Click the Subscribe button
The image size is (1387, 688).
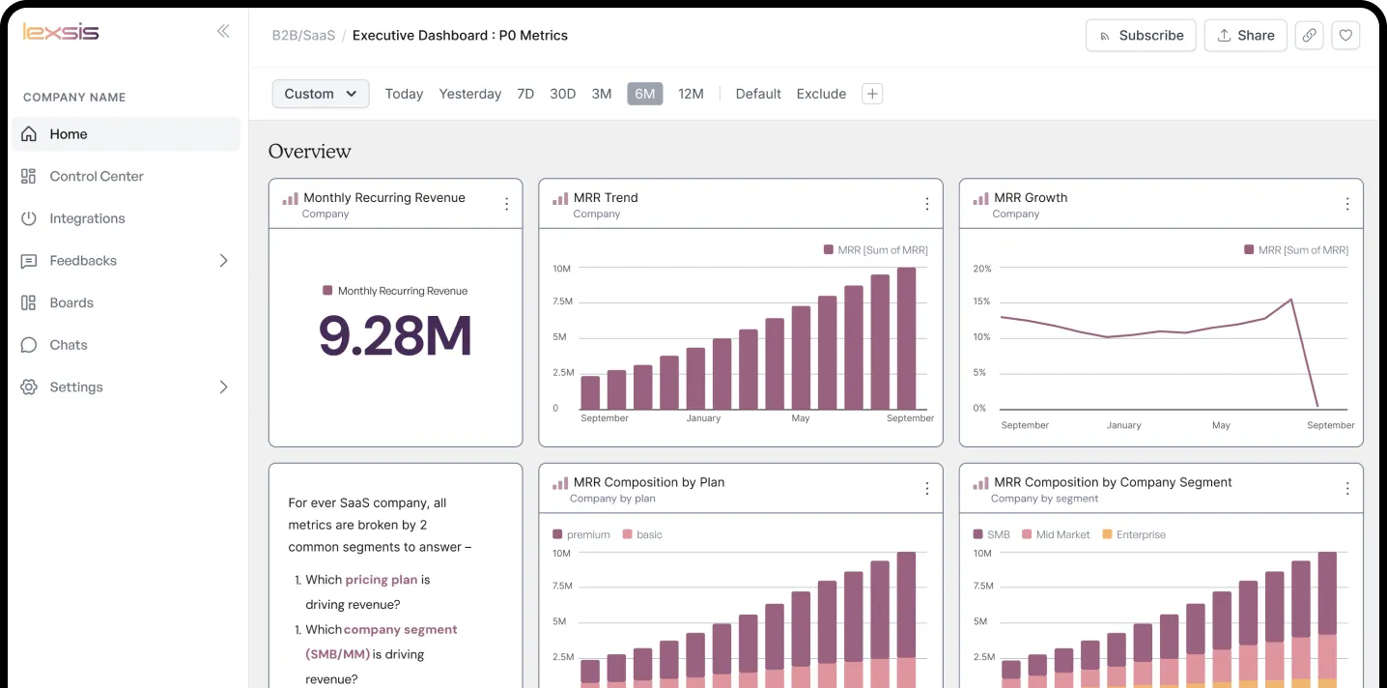pyautogui.click(x=1141, y=36)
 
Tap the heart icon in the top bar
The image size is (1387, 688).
pyautogui.click(x=1345, y=36)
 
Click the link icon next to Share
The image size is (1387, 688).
pyautogui.click(x=1309, y=36)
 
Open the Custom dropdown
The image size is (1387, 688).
pyautogui.click(x=321, y=94)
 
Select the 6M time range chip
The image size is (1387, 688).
pyautogui.click(x=644, y=94)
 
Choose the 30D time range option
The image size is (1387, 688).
pyautogui.click(x=562, y=94)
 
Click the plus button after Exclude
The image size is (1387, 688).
pyautogui.click(x=872, y=94)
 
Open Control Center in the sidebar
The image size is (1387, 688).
pyautogui.click(x=97, y=177)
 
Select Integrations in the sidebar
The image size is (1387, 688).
pyautogui.click(x=87, y=218)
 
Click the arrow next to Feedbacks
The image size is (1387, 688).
pyautogui.click(x=223, y=261)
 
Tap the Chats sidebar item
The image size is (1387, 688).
pyautogui.click(x=68, y=345)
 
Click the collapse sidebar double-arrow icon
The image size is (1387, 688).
pyautogui.click(x=223, y=31)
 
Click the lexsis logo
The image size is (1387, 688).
pyautogui.click(x=60, y=32)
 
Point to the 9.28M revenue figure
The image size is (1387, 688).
pyautogui.click(x=395, y=335)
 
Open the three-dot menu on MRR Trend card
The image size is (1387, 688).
pyautogui.click(x=926, y=204)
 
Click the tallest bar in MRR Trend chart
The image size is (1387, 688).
pyautogui.click(x=906, y=338)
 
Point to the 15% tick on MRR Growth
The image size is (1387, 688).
pyautogui.click(x=981, y=301)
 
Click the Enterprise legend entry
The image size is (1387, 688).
pyautogui.click(x=1140, y=534)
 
